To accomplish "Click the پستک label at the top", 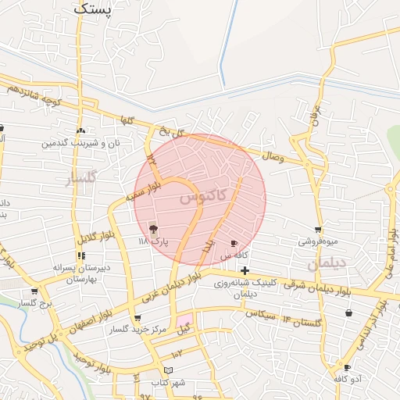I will pos(94,9).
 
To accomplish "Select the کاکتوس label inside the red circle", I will pos(202,195).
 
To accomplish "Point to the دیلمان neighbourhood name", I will pos(326,264).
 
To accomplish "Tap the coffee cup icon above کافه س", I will pos(234,244).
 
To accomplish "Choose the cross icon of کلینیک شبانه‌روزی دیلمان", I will pos(245,270).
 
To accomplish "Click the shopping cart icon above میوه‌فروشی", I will pos(318,230).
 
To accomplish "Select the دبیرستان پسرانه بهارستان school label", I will pos(73,273).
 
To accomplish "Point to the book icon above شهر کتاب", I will pos(169,370).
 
